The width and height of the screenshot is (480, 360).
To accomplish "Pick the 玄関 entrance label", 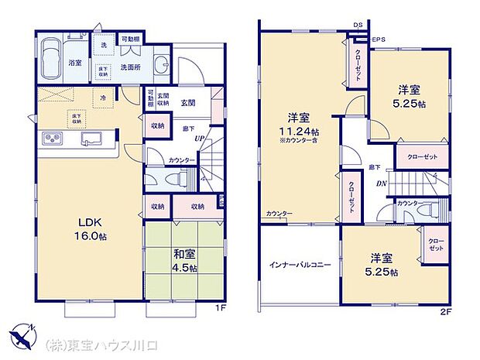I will [x=188, y=102].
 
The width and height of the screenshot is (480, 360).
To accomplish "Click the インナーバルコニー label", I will [x=300, y=265].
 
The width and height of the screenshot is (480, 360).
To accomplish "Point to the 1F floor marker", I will [x=219, y=307].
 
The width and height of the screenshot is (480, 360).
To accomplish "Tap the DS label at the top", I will [x=358, y=26].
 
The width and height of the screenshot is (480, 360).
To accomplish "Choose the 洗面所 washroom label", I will [x=129, y=67].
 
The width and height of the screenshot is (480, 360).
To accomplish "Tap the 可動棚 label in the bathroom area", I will [x=130, y=39].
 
